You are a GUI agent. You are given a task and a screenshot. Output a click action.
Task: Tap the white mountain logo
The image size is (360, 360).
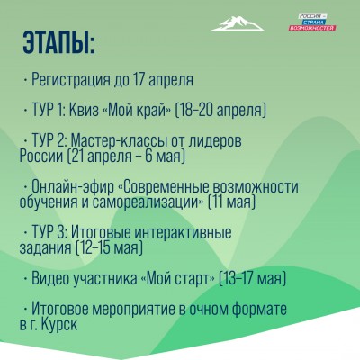[x=238, y=23]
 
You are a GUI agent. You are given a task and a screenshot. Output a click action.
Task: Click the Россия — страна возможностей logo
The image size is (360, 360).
[x=312, y=22]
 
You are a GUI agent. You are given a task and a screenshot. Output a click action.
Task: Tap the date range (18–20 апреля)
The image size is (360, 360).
[x=220, y=111]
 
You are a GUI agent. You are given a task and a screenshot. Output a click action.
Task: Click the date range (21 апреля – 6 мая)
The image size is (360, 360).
[x=127, y=157]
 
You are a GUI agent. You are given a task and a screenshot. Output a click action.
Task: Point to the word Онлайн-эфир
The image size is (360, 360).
[x=73, y=187]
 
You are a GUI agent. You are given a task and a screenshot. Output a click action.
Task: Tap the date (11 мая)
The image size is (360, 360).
[x=232, y=202]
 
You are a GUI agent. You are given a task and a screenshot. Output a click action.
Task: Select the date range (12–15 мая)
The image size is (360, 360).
[x=109, y=248]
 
